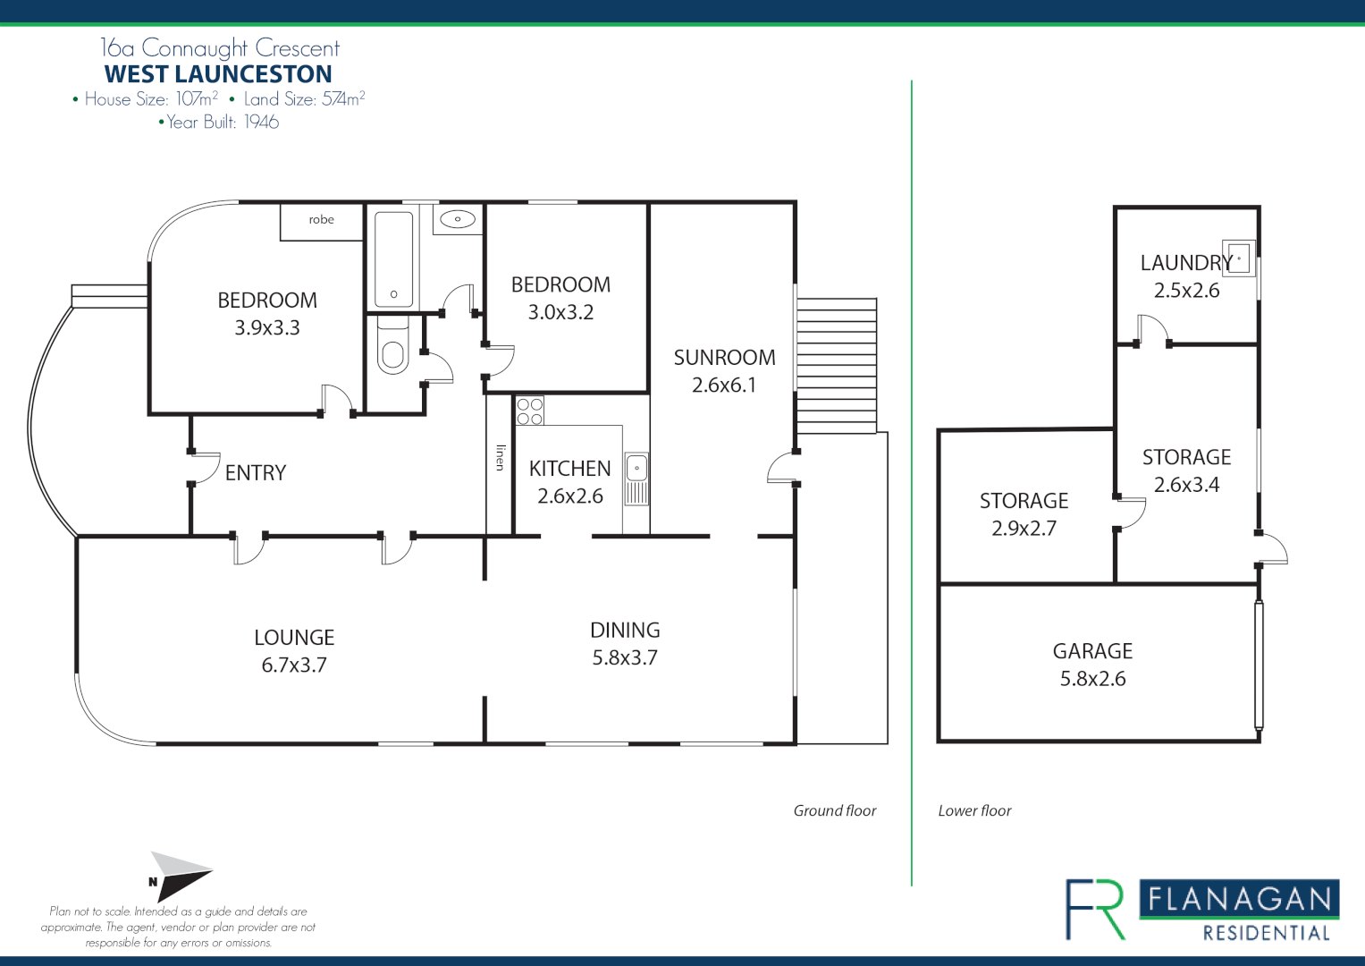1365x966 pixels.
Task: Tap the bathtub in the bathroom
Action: (393, 259)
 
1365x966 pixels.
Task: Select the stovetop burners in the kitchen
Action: (529, 411)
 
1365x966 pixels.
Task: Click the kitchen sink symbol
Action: (636, 479)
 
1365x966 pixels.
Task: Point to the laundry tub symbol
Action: (1238, 258)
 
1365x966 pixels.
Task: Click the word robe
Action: (321, 219)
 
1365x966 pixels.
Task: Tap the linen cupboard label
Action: (501, 457)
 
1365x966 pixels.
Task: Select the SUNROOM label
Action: (725, 358)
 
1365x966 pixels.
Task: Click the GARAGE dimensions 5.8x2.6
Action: (1092, 679)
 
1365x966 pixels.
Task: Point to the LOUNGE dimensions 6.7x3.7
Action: (294, 665)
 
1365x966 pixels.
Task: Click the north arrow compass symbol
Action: (180, 877)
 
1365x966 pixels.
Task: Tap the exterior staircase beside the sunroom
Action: (837, 366)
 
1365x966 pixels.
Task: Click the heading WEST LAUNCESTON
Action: (218, 73)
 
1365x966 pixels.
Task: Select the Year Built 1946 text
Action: (219, 122)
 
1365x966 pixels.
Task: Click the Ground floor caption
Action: (835, 810)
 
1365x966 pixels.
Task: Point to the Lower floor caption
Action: (974, 810)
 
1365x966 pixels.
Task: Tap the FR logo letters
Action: (1095, 910)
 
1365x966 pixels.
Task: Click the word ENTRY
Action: (256, 472)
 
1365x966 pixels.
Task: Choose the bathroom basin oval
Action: (458, 219)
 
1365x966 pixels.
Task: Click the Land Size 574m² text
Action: (304, 98)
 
